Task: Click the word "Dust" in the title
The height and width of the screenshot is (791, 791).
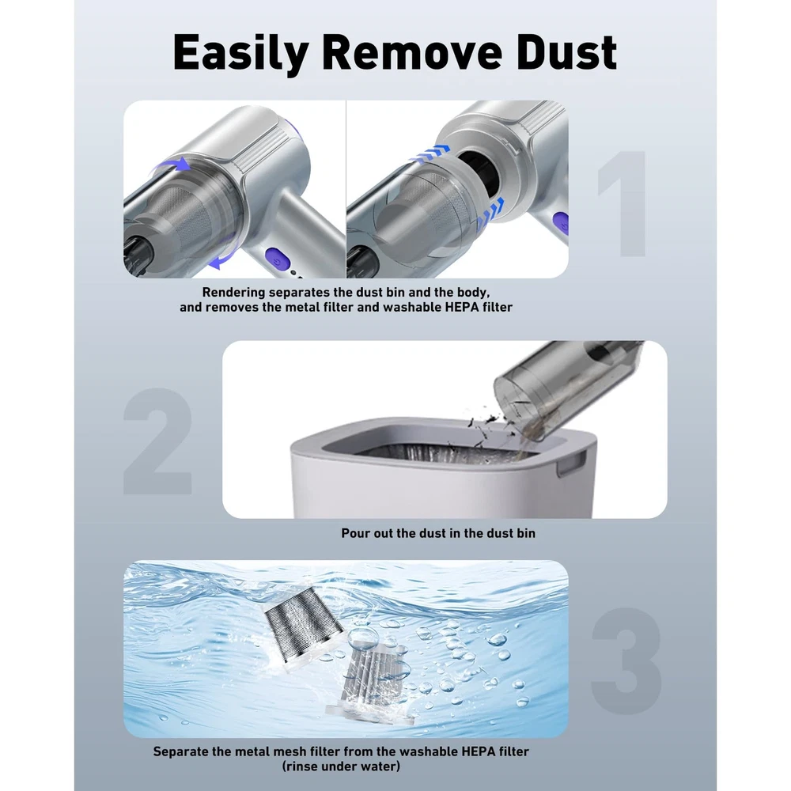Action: coord(567,52)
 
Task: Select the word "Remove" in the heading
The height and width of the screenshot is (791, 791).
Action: coord(411,52)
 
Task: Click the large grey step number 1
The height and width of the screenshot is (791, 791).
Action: coord(623,203)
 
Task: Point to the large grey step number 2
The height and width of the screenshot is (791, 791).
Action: coord(158,441)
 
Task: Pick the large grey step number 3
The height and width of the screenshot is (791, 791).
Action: coord(626,660)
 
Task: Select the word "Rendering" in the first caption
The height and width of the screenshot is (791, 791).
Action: coord(233,293)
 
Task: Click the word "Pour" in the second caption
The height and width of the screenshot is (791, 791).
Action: coord(355,533)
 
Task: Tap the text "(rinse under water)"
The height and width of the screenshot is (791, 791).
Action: coord(341,766)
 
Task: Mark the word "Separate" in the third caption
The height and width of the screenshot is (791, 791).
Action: coord(180,751)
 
